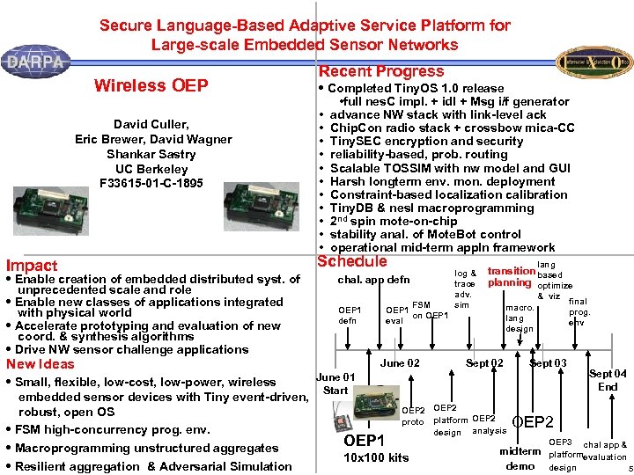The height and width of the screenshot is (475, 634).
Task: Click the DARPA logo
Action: click(34, 61)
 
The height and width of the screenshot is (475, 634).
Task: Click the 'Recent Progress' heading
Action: click(381, 71)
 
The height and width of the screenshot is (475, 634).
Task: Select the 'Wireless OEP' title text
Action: click(151, 85)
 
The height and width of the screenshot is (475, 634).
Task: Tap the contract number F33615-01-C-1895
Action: click(151, 183)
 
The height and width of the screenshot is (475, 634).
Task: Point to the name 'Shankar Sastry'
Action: click(151, 154)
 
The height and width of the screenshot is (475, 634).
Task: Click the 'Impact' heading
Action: click(32, 266)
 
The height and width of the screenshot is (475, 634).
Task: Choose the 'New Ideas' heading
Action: click(41, 364)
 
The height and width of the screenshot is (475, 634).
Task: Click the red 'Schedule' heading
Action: click(352, 261)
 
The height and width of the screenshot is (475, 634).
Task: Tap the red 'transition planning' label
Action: click(510, 277)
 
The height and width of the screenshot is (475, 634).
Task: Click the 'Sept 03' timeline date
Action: click(548, 363)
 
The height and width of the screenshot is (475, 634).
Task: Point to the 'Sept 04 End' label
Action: click(608, 380)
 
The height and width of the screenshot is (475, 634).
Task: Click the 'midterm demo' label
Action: click(520, 458)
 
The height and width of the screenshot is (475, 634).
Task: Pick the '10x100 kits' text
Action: click(376, 457)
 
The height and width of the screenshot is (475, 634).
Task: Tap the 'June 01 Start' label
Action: click(335, 384)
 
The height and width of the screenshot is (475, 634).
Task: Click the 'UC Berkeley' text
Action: click(151, 169)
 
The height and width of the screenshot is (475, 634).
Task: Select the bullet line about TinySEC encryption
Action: click(426, 141)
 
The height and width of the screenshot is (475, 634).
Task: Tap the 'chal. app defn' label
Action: click(374, 280)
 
